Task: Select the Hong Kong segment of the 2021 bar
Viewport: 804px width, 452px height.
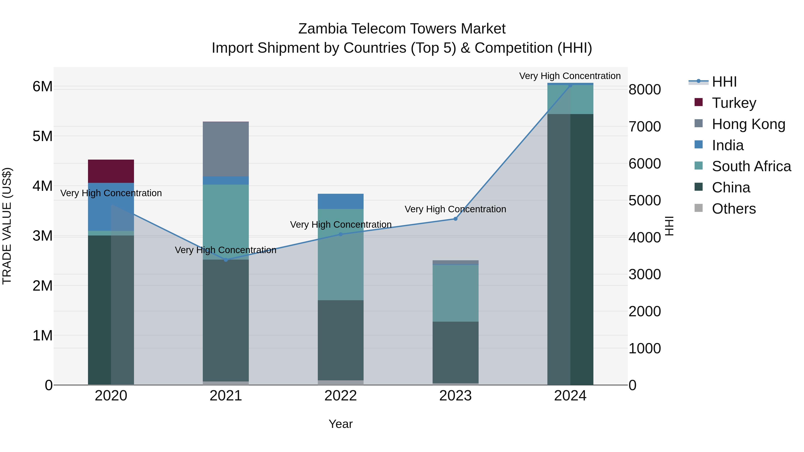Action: [x=226, y=149]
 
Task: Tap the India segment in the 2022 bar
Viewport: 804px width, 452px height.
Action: [x=341, y=201]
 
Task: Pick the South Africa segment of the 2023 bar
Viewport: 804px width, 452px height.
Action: [x=455, y=293]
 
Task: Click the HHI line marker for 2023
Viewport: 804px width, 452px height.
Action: [x=455, y=219]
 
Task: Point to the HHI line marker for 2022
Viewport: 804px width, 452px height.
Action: [x=341, y=234]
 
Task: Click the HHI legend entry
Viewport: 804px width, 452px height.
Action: [x=724, y=82]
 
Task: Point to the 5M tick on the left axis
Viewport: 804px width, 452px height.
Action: [x=42, y=136]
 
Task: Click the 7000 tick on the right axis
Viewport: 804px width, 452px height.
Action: [x=645, y=127]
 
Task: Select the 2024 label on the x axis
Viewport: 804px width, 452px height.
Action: [x=570, y=396]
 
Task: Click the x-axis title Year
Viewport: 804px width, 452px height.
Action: [x=341, y=424]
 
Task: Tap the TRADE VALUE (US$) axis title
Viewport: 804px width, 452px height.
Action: [x=7, y=226]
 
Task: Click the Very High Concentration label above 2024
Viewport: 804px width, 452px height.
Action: [x=570, y=76]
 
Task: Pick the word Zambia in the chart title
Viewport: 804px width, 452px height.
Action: [x=323, y=29]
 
